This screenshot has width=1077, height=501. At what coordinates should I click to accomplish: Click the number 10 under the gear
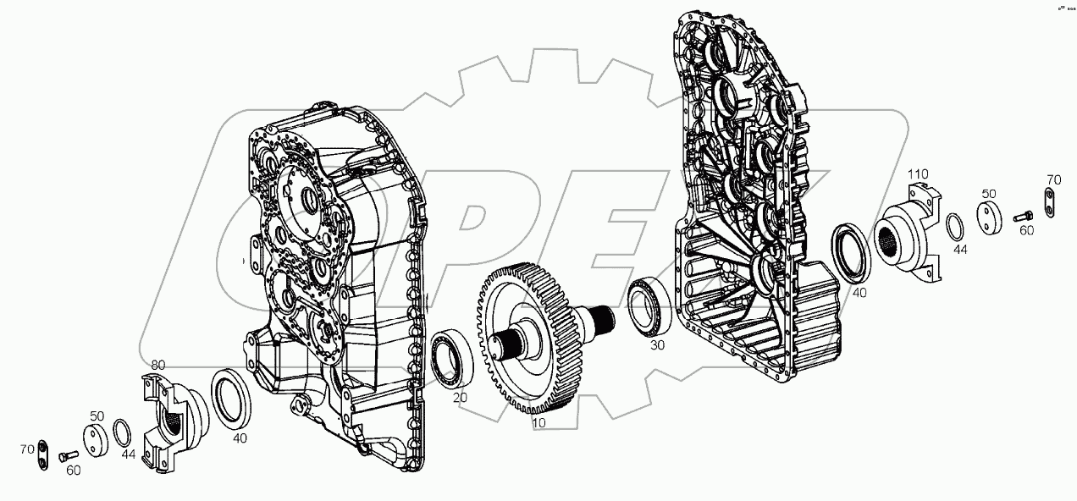tap(538, 421)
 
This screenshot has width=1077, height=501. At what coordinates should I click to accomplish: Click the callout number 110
tap(920, 174)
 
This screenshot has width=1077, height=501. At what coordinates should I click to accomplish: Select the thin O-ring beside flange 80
tap(122, 432)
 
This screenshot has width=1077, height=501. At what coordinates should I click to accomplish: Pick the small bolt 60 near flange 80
tap(66, 456)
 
